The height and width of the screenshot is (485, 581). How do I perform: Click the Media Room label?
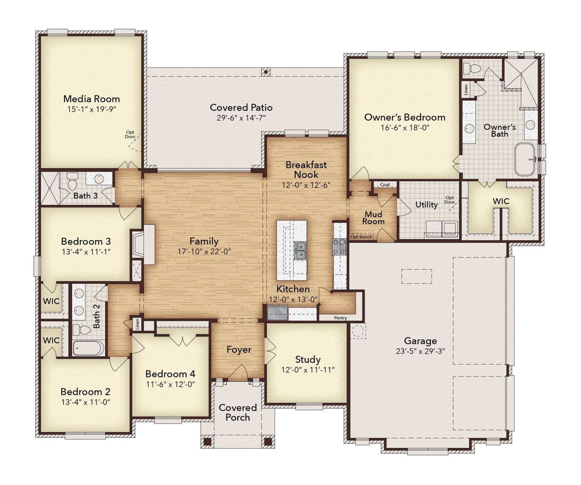coord(92,99)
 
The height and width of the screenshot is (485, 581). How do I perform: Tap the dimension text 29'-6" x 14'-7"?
coord(241,118)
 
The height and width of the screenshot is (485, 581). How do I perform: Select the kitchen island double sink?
coord(300,251)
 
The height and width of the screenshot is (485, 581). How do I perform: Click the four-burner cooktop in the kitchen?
coord(339,247)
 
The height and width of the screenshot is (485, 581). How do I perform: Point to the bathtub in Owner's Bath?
coord(525,159)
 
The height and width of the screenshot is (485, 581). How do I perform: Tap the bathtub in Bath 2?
coord(88,348)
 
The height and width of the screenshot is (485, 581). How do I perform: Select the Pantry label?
coord(340,318)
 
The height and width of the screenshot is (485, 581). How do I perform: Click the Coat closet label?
coord(385,184)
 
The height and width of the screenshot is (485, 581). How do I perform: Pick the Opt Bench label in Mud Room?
coord(361,237)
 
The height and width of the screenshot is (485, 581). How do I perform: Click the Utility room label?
coord(426,205)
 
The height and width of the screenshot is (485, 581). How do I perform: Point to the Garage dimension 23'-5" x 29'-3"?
coord(420,351)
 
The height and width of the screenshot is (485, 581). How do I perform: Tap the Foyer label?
coord(239,350)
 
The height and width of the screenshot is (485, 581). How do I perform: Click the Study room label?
coord(308,359)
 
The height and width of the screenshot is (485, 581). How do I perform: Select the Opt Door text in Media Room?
coord(130,135)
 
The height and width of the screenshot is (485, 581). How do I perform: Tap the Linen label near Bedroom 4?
coord(137,324)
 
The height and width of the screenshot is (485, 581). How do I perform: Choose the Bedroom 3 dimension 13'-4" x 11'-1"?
coord(86,252)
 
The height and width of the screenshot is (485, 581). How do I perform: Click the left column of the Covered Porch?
coord(207,441)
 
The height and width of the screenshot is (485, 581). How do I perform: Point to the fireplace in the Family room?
coord(138,245)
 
